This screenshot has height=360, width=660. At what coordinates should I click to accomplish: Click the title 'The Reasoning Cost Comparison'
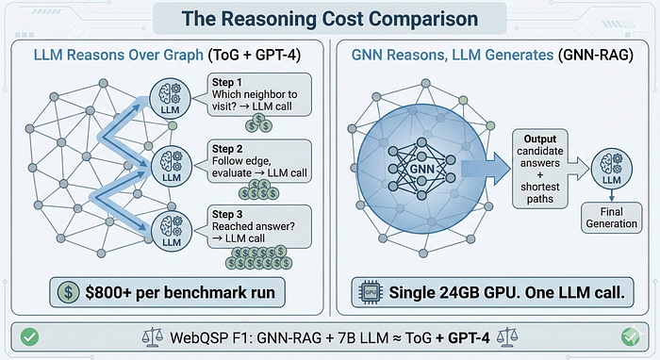[330, 19]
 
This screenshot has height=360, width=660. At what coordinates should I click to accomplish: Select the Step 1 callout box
[259, 94]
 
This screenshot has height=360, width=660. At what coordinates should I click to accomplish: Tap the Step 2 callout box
[259, 161]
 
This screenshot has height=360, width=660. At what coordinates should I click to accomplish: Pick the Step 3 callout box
[259, 227]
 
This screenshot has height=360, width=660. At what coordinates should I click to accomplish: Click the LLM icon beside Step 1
[170, 98]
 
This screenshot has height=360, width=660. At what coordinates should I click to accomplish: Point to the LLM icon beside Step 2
[171, 165]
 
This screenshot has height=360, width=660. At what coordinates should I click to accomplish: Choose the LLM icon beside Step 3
[172, 231]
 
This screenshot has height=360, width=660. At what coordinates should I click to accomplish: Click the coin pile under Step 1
[259, 123]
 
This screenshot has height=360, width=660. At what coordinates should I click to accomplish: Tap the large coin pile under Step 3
[258, 257]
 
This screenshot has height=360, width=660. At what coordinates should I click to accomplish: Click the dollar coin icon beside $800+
[68, 292]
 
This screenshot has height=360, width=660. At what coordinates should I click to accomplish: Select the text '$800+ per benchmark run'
[180, 292]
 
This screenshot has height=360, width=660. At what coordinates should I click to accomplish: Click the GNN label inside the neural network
[421, 169]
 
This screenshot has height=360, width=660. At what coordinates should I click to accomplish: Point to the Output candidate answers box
[540, 169]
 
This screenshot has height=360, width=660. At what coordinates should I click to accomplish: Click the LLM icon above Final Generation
[612, 169]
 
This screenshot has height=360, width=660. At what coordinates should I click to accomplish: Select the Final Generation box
[612, 218]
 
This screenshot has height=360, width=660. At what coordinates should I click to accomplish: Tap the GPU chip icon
[371, 292]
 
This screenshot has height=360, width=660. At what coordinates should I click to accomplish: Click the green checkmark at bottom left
[29, 336]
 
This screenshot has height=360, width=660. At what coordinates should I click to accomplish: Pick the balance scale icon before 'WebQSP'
[153, 337]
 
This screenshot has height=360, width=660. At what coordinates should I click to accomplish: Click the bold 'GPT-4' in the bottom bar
[469, 337]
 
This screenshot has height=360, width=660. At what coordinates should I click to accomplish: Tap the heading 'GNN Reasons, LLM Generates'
[453, 56]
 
